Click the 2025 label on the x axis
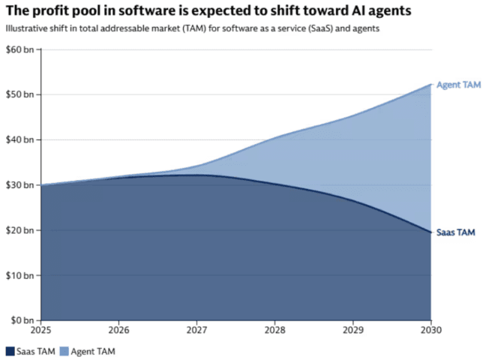pyautogui.click(x=41, y=330)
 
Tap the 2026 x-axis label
pyautogui.click(x=119, y=330)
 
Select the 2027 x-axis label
pyautogui.click(x=197, y=330)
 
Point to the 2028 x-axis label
pyautogui.click(x=275, y=330)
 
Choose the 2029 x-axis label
pyautogui.click(x=353, y=330)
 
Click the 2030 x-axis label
pyautogui.click(x=430, y=330)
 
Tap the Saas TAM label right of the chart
pyautogui.click(x=456, y=232)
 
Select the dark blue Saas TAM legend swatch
pyautogui.click(x=10, y=350)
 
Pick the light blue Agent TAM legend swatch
pyautogui.click(x=64, y=350)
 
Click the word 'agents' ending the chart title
pyautogui.click(x=388, y=12)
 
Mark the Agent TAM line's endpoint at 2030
pyautogui.click(x=430, y=84)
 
